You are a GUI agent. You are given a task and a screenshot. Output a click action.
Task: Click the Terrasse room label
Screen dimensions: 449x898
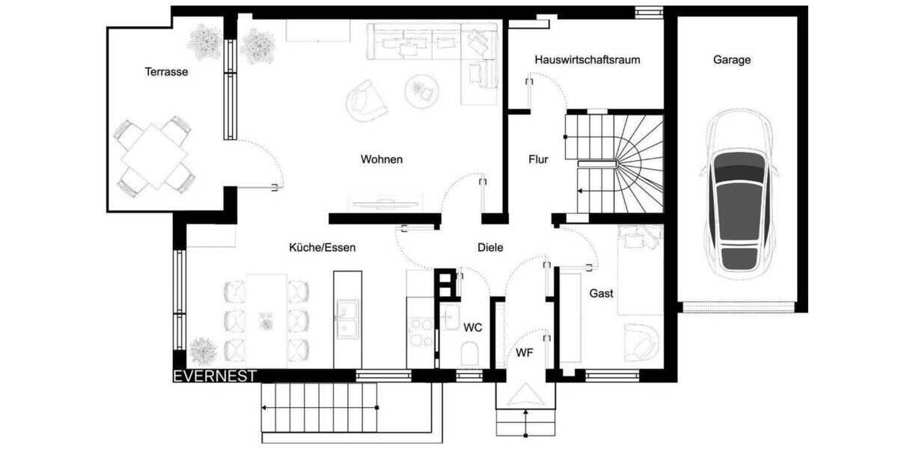point(165,73)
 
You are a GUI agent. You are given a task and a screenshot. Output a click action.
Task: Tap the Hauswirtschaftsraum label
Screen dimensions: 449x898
point(587,60)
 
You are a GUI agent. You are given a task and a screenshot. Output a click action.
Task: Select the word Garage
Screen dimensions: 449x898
point(731,60)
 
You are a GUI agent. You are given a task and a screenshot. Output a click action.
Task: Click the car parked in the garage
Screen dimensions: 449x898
point(739,195)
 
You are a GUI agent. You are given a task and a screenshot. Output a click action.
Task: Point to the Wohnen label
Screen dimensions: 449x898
point(382,159)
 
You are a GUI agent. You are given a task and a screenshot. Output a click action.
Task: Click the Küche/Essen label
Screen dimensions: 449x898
point(323,248)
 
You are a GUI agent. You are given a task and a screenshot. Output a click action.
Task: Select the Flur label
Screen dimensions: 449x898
point(539,159)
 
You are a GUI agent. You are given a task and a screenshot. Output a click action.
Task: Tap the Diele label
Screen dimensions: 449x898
point(490,248)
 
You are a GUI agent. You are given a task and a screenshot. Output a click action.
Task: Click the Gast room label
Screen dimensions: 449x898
point(601,293)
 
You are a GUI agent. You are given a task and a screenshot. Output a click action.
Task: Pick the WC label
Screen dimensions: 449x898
point(472,327)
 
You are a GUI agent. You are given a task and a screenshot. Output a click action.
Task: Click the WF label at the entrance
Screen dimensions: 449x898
point(524,353)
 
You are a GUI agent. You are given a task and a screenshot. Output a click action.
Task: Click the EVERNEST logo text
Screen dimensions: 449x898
point(215,376)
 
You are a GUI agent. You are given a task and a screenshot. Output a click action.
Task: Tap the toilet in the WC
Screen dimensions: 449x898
point(470,352)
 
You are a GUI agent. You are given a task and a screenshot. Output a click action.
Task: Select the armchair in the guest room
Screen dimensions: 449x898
point(641,340)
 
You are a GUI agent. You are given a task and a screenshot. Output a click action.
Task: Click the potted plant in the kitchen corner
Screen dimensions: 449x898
point(203,349)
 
